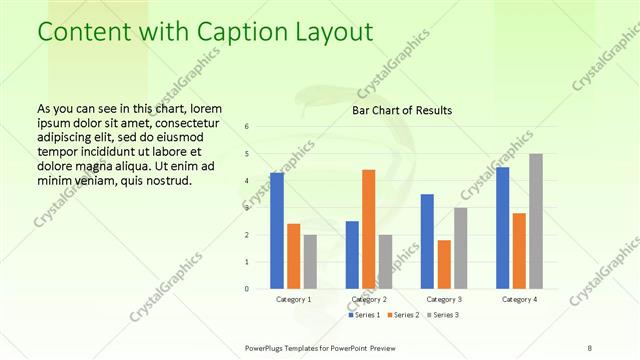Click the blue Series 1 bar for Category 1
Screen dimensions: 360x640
pyautogui.click(x=277, y=231)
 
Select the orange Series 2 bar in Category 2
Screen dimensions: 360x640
pyautogui.click(x=368, y=229)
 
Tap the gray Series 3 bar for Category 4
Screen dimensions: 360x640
pyautogui.click(x=536, y=221)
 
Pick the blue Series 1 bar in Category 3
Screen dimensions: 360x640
pyautogui.click(x=427, y=241)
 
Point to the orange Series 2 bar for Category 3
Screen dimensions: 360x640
pyautogui.click(x=444, y=264)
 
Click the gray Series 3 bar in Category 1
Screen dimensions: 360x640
pyautogui.click(x=310, y=262)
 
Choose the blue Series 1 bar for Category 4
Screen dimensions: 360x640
pyautogui.click(x=503, y=228)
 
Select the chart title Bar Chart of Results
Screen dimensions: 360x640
pyautogui.click(x=403, y=110)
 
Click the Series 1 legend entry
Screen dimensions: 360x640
pyautogui.click(x=364, y=315)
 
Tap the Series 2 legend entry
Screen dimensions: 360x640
pyautogui.click(x=403, y=315)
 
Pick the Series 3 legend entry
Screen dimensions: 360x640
pyautogui.click(x=441, y=315)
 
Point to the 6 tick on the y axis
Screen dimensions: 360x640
pyautogui.click(x=247, y=127)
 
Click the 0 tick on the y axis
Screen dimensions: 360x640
pyautogui.click(x=247, y=289)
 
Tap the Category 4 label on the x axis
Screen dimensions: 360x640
pyautogui.click(x=519, y=299)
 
